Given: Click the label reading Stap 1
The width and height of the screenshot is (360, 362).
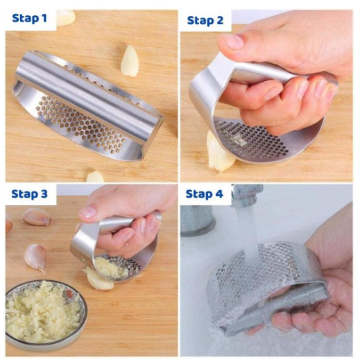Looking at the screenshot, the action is [x=29, y=18].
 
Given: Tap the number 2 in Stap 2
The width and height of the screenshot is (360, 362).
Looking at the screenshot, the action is [x=218, y=20].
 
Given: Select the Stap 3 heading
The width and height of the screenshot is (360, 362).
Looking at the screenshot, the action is [x=29, y=193].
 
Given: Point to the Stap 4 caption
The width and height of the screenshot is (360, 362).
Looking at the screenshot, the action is [x=205, y=193].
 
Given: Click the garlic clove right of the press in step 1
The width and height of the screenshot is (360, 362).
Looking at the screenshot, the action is [x=130, y=60].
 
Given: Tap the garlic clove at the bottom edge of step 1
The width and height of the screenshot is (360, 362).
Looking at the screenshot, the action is [x=95, y=177].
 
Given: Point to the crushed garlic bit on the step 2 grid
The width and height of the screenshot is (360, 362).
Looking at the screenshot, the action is [x=238, y=140].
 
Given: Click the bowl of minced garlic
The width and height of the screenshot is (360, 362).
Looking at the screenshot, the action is [x=45, y=314].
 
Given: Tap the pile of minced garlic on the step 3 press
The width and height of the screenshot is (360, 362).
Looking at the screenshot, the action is [x=111, y=268].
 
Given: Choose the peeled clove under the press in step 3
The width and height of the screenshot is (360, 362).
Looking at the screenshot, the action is [x=98, y=279].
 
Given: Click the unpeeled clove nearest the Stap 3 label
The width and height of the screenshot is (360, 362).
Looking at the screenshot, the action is [x=35, y=217].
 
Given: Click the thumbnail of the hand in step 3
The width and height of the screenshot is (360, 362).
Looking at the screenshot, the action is [x=87, y=212].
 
